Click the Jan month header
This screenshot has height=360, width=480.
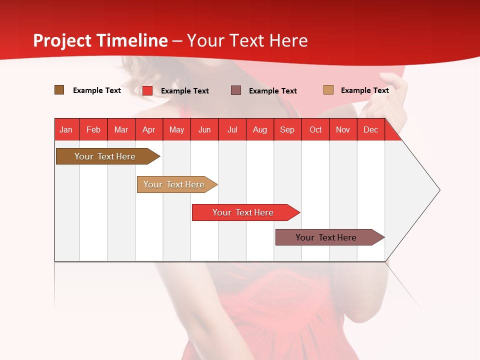pyautogui.click(x=66, y=129)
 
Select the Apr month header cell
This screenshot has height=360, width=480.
pyautogui.click(x=149, y=129)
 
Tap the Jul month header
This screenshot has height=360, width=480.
pyautogui.click(x=232, y=129)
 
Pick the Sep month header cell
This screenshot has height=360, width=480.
pyautogui.click(x=287, y=129)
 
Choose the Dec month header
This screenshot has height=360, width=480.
pyautogui.click(x=370, y=129)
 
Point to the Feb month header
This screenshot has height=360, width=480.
pyautogui.click(x=93, y=129)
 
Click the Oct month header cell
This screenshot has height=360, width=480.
pyautogui.click(x=315, y=129)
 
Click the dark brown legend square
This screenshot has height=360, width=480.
pyautogui.click(x=59, y=90)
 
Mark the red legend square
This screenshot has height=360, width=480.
pyautogui.click(x=147, y=90)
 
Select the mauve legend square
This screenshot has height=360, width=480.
pyautogui.click(x=236, y=90)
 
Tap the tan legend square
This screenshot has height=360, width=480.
pyautogui.click(x=328, y=90)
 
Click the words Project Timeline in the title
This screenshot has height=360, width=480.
pyautogui.click(x=100, y=40)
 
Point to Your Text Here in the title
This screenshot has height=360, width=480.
pyautogui.click(x=247, y=40)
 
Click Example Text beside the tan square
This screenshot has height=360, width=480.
pyautogui.click(x=364, y=90)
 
